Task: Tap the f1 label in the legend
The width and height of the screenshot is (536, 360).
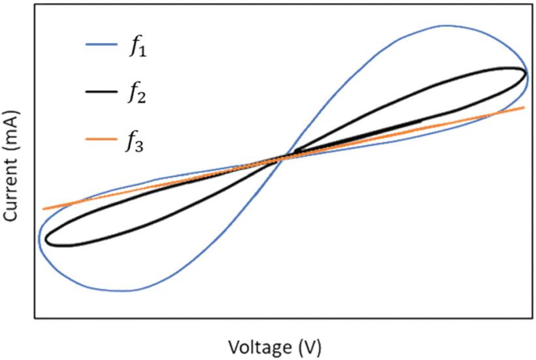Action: tap(138, 47)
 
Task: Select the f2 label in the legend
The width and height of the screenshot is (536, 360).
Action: tap(138, 95)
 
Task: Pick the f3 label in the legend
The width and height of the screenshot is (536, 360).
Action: tap(138, 142)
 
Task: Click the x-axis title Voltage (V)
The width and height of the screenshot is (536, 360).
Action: tap(275, 344)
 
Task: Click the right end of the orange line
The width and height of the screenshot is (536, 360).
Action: tap(524, 107)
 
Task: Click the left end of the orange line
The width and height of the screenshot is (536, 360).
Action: tap(43, 209)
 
